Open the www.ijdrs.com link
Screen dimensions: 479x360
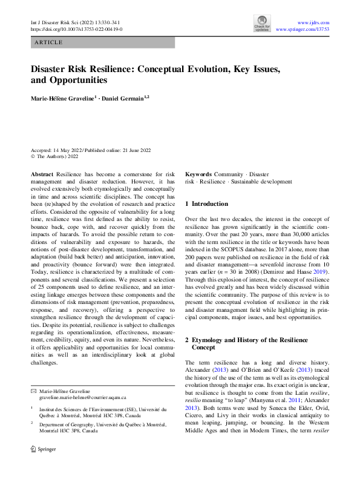click(313, 22)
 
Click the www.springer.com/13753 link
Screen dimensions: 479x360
click(302, 29)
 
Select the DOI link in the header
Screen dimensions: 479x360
click(76, 29)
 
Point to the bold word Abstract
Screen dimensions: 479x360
click(42, 174)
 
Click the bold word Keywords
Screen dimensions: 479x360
click(198, 174)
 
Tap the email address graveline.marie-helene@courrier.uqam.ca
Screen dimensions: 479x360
click(82, 398)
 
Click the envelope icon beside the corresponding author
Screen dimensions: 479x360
click(33, 391)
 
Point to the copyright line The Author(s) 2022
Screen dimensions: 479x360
click(58, 156)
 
